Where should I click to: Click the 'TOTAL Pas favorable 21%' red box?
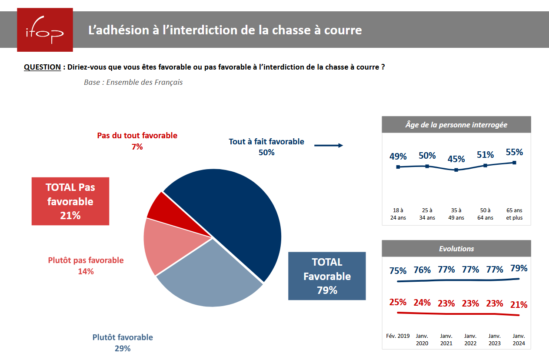coord(70,201)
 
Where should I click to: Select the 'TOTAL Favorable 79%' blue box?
coord(327,276)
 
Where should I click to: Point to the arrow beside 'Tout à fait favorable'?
coord(329,146)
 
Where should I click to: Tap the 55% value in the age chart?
coord(514,152)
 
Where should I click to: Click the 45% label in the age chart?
coord(456,159)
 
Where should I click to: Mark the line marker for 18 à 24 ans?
coord(398,167)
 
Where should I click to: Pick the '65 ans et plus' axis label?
coord(514,214)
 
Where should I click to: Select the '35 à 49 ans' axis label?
coord(456,214)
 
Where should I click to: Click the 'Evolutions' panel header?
coord(456,249)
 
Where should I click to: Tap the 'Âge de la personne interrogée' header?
coord(456,125)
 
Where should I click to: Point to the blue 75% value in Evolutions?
coord(398,271)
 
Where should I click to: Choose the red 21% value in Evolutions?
coord(519,305)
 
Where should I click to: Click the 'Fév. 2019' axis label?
coord(398,336)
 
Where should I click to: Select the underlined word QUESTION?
coord(42,67)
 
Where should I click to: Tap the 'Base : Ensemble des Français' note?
coord(133,82)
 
